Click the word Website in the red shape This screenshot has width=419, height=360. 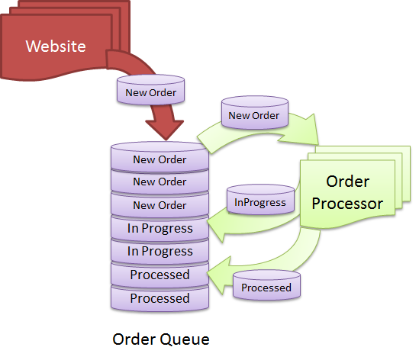(x=56, y=46)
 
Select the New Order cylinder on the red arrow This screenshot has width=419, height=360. (x=150, y=92)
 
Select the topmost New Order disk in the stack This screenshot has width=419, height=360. (x=160, y=159)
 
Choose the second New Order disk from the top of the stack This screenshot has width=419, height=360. (x=160, y=182)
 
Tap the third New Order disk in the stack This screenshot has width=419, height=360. (x=160, y=205)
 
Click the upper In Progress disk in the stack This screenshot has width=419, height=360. (x=160, y=228)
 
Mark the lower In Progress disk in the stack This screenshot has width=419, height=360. (x=160, y=251)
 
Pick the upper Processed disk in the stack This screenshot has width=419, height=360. (x=160, y=275)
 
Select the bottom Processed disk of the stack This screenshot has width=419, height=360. (x=160, y=298)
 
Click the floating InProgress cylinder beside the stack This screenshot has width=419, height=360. (x=260, y=201)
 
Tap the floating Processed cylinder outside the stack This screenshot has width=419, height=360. (x=266, y=287)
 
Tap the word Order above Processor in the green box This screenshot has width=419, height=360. (x=348, y=182)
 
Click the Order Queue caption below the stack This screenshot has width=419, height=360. (x=160, y=338)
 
